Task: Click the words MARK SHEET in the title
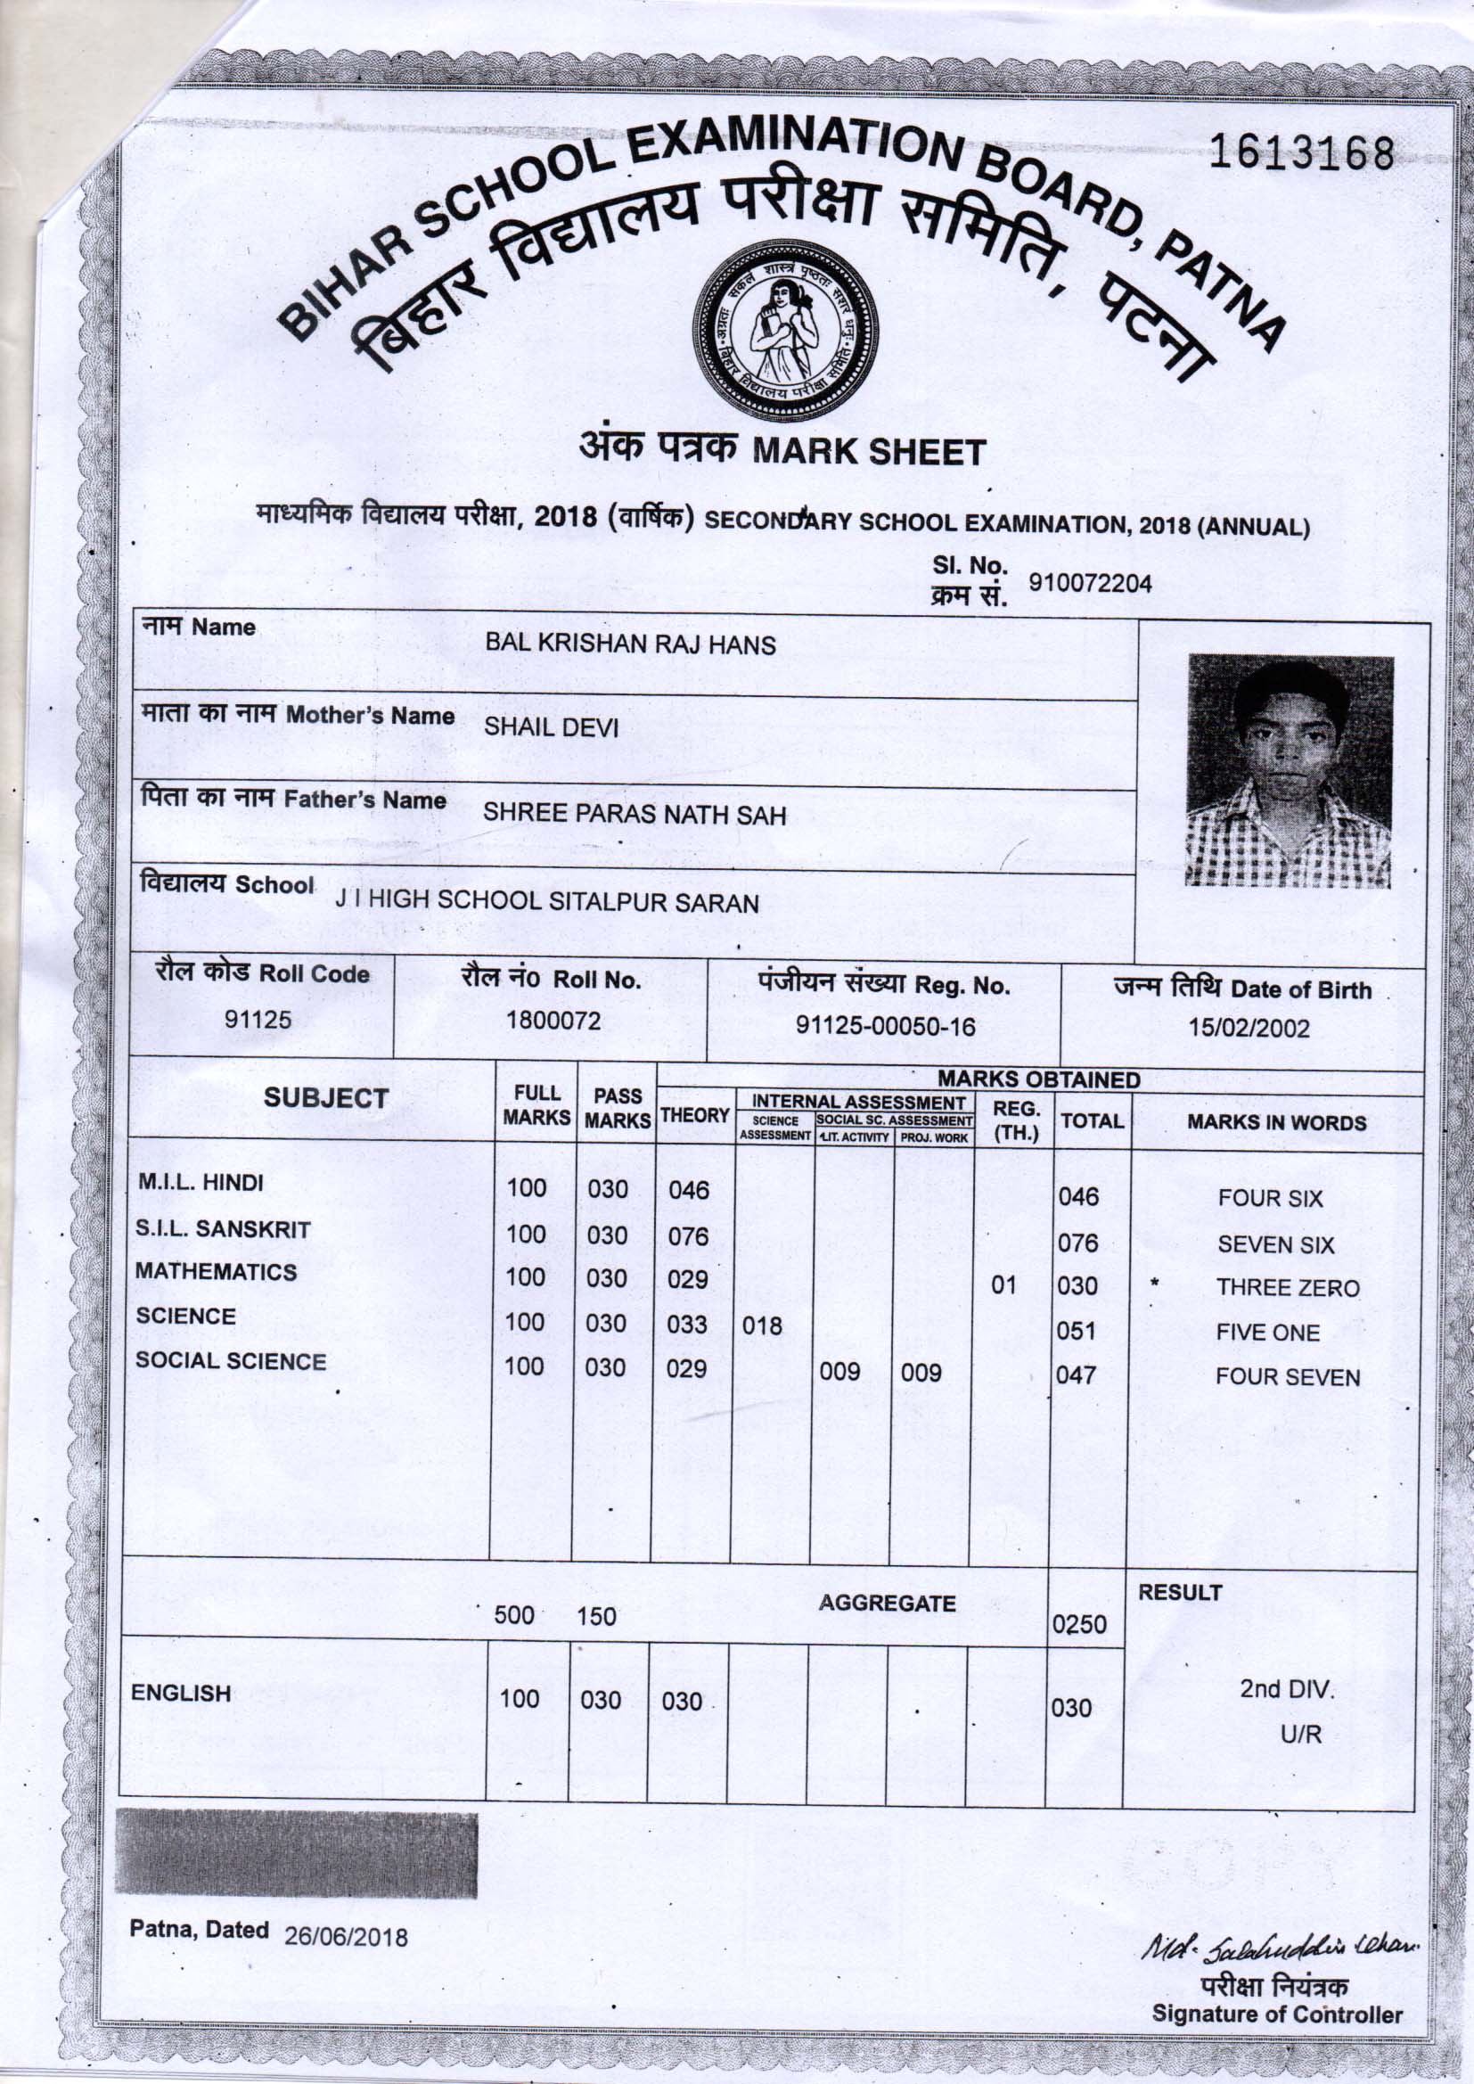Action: (x=869, y=451)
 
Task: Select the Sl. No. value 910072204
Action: (x=1089, y=584)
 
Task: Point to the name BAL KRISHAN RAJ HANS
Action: (x=630, y=644)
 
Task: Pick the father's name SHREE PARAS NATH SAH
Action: (x=634, y=814)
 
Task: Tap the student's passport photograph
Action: (x=1289, y=771)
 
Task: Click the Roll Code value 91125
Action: (x=258, y=1020)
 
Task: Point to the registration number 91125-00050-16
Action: (x=885, y=1026)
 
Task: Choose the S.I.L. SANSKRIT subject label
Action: (x=223, y=1229)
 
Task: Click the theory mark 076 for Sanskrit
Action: (x=687, y=1236)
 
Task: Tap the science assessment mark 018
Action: (x=761, y=1326)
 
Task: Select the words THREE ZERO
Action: (x=1287, y=1288)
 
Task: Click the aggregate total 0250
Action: (x=1078, y=1624)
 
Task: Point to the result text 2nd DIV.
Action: (x=1286, y=1689)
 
